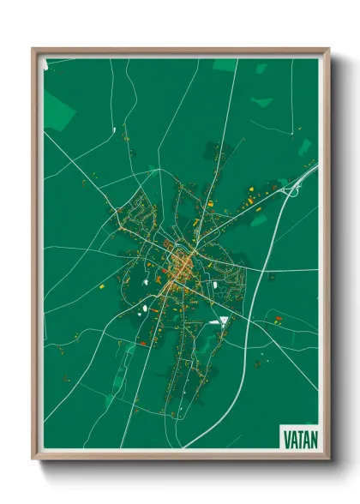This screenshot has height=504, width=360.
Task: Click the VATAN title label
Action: point(299,438)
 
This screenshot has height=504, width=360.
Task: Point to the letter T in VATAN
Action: point(300,438)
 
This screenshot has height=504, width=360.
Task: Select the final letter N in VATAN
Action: point(313,438)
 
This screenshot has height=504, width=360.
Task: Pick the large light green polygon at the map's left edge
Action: point(57,111)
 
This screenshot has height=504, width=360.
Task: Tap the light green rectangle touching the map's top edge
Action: point(225,64)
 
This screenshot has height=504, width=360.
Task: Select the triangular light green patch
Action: point(262,102)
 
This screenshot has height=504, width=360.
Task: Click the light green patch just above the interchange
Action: point(304,146)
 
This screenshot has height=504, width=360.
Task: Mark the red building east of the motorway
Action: point(278,320)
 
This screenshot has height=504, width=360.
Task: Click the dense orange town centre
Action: point(181,267)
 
